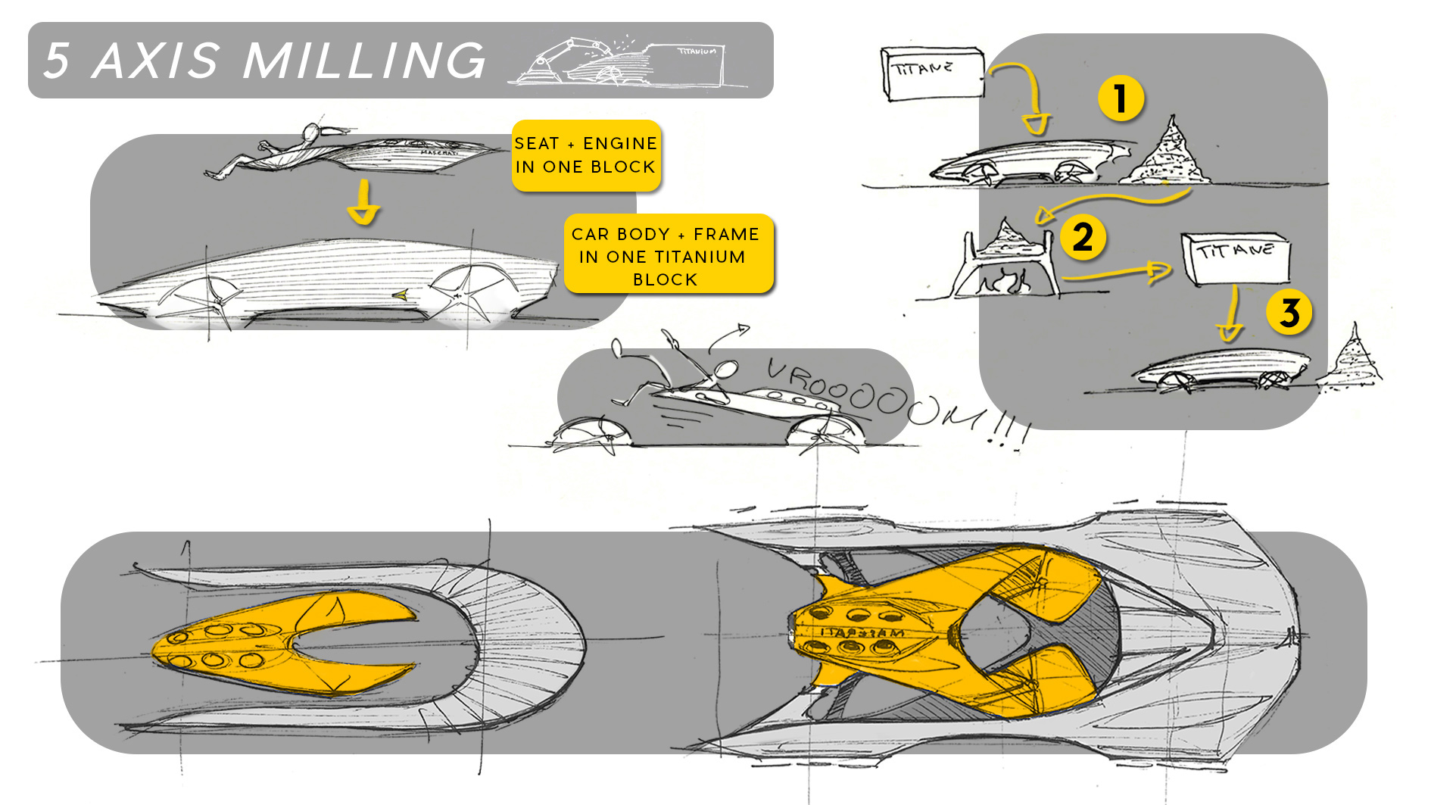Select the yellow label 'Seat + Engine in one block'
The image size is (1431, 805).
coord(586,155)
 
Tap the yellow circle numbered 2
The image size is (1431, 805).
coord(1083,237)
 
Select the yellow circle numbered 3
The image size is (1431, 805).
coord(1289,312)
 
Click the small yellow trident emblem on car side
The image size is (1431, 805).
coord(399,295)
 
